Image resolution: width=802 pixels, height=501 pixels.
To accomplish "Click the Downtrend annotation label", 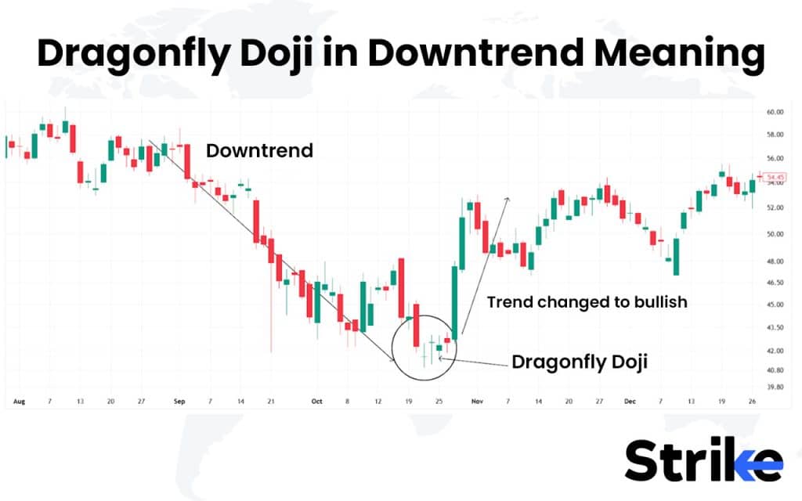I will [x=259, y=150].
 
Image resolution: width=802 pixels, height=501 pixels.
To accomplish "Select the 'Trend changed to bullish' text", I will [x=587, y=301].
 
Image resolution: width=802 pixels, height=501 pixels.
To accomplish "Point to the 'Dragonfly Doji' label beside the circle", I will [x=580, y=362].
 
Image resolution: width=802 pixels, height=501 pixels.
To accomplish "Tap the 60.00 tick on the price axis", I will [x=775, y=113].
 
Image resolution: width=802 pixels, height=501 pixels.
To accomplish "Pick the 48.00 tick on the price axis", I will [x=775, y=261].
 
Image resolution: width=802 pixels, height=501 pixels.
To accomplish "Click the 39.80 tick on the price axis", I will [x=775, y=387].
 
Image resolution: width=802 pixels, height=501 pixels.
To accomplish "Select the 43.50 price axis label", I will [x=775, y=327].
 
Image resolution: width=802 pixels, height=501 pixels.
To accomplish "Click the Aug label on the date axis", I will [x=19, y=402].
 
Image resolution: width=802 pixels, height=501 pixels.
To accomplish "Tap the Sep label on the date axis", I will [x=179, y=402].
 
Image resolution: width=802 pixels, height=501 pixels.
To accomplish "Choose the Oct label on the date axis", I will [x=316, y=402].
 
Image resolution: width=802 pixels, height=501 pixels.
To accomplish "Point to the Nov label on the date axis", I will [x=476, y=402].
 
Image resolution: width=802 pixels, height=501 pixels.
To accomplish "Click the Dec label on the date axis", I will [x=629, y=402].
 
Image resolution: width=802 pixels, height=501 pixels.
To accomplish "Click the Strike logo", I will [x=703, y=460].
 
